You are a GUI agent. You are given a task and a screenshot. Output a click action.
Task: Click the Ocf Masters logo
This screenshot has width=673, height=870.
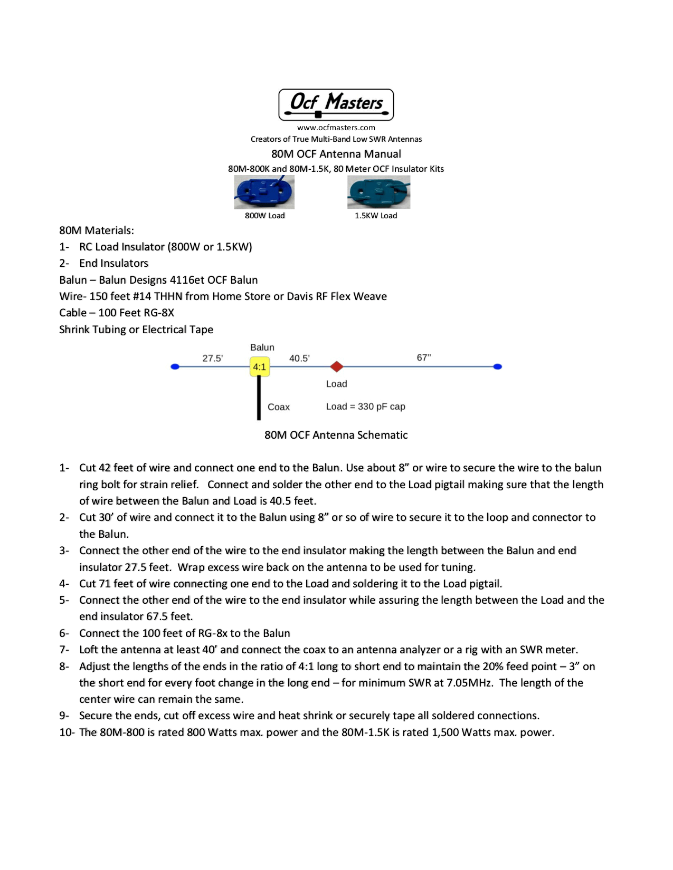pos(336,104)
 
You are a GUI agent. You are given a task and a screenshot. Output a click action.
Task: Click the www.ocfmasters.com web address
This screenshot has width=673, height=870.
pos(336,128)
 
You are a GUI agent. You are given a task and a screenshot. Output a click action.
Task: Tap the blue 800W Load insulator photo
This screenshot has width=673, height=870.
pos(264,192)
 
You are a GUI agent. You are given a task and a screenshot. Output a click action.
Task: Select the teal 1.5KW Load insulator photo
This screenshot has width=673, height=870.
pos(378,192)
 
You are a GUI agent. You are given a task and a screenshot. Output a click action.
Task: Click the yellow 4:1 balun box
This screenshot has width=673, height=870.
pos(259,367)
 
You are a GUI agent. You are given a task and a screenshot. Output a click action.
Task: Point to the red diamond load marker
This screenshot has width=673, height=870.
pos(337,366)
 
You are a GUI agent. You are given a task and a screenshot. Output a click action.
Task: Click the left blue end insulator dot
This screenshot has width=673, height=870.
pos(175,366)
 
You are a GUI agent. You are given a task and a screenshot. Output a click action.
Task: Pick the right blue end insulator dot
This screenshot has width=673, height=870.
pos(497,366)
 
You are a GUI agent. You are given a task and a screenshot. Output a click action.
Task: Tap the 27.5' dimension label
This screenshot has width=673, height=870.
pos(213,359)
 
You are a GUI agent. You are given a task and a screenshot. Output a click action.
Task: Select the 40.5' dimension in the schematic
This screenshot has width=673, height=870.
pos(299,359)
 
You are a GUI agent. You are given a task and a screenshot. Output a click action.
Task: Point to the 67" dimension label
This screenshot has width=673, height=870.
pos(424,357)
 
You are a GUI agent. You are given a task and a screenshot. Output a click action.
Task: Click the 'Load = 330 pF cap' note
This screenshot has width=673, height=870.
pos(365,407)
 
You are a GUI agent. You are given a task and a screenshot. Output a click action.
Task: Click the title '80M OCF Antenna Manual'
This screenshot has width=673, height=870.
pos(336,154)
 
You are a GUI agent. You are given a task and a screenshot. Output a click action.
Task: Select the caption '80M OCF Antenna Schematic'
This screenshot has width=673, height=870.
pos(336,435)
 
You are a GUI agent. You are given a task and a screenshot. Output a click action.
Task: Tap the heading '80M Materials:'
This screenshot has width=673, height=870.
pos(97,230)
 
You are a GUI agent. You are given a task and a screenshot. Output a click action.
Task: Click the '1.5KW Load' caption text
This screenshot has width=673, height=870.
pos(376,216)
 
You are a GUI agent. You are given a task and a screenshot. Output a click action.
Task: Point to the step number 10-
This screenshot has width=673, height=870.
pos(67,732)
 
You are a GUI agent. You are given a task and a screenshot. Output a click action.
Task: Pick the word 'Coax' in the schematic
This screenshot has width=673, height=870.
pos(279,407)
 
